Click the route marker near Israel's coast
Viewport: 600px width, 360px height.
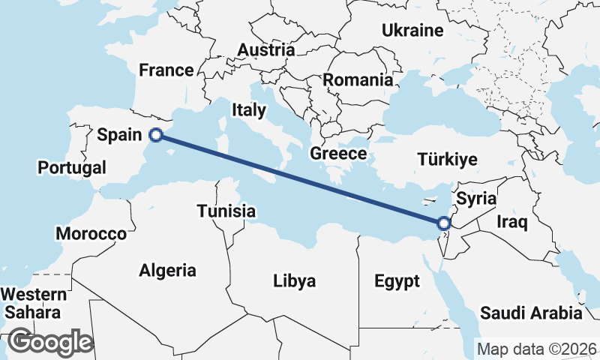pos(443,223)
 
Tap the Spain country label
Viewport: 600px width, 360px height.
pos(119,135)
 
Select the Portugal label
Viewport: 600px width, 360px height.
pos(73,167)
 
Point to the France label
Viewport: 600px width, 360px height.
pos(166,70)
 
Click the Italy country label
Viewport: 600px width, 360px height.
pos(249,110)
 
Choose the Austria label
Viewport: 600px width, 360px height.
pos(265,50)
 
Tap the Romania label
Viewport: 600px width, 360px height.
pos(358,79)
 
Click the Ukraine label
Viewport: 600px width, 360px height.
pos(412,31)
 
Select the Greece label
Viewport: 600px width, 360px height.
pos(338,154)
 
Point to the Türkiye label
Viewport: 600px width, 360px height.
pos(448,160)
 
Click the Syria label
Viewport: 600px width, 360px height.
pos(476,199)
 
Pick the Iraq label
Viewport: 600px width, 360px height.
pos(513,222)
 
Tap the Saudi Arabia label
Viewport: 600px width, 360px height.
pos(531,313)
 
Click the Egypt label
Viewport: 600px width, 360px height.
pos(397,282)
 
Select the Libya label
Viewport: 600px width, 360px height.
pos(294,281)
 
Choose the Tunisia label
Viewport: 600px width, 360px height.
pos(227,211)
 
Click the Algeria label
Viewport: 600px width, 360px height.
pos(167,271)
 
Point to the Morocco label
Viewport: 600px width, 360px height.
pos(91,234)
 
